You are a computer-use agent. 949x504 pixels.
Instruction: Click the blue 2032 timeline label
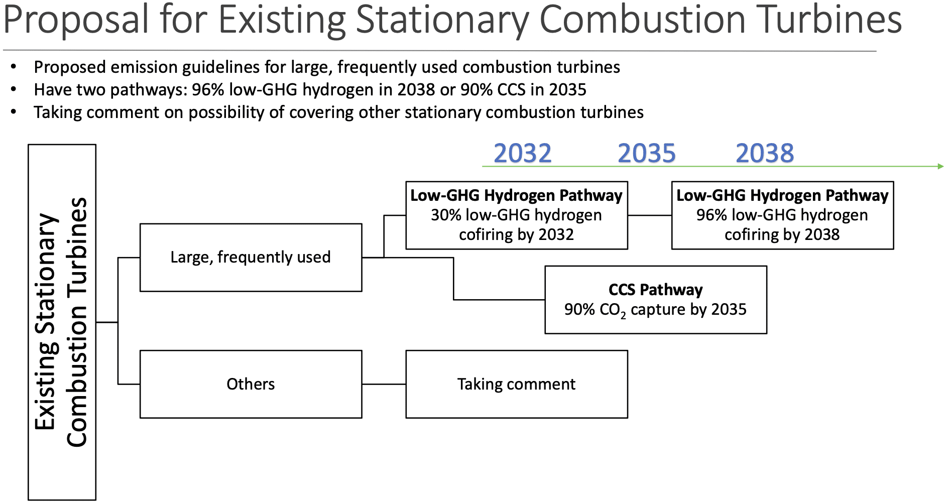pos(523,153)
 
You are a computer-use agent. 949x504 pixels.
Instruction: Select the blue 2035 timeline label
pos(647,153)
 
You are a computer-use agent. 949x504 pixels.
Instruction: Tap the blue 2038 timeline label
pos(765,153)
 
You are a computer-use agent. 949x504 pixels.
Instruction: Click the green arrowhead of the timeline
pos(940,166)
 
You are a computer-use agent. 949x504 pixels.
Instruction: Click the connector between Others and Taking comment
pos(384,384)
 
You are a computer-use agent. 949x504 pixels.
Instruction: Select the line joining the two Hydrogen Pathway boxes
pos(650,215)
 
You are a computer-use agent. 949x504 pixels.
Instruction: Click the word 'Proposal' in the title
pos(76,20)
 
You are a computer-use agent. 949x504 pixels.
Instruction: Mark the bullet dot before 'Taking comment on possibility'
pos(14,112)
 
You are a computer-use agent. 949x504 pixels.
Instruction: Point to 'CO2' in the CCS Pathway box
pos(613,310)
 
